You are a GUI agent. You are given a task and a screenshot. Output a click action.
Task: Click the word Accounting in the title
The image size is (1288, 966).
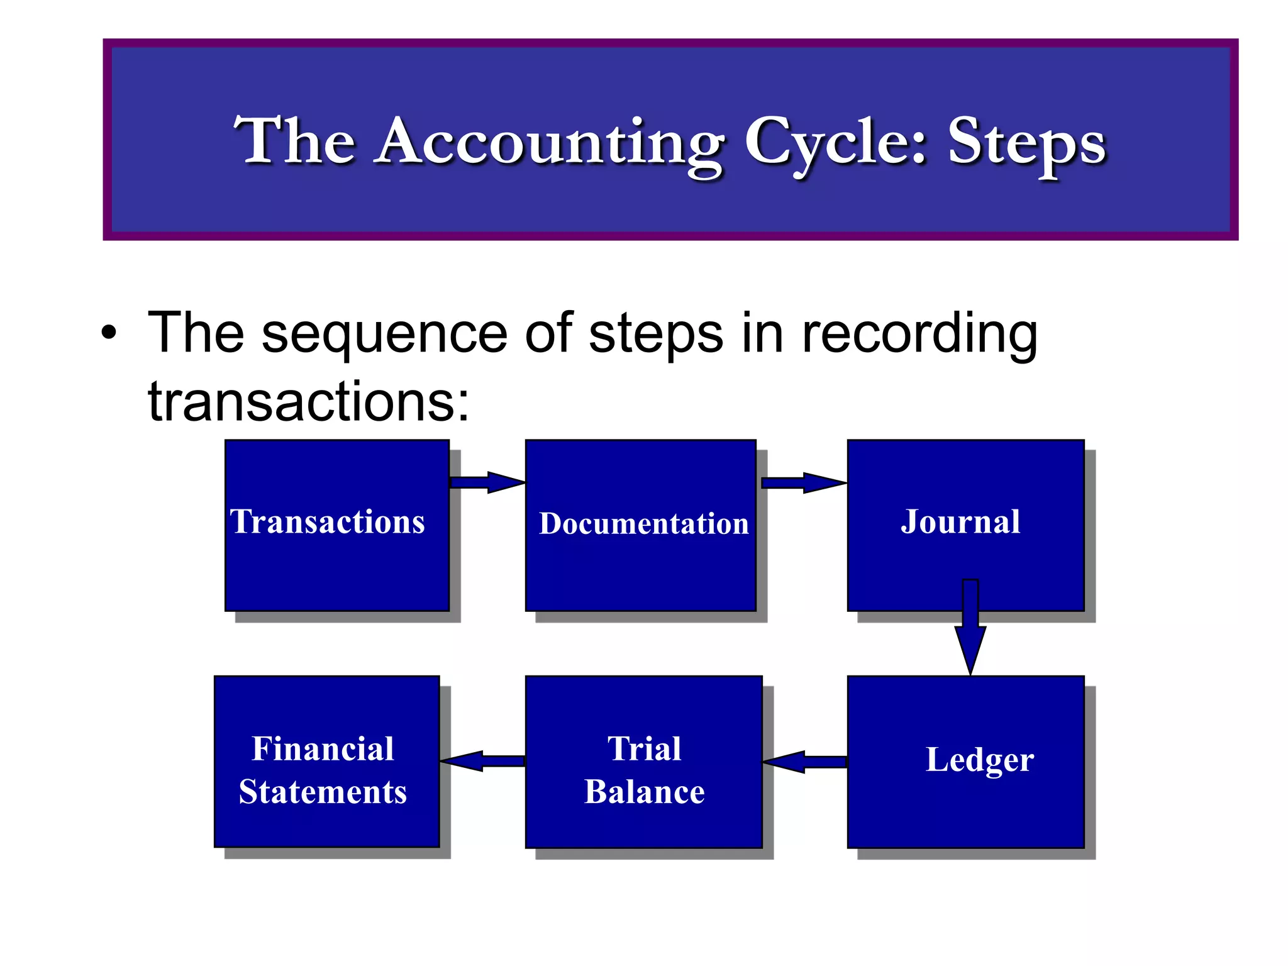pos(550,143)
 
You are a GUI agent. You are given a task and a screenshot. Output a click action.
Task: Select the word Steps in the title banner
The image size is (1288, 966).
pos(1026,143)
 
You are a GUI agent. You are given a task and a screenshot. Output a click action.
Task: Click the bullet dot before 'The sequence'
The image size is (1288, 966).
pos(109,334)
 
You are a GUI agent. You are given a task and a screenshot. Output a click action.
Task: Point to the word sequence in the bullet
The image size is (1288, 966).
pos(384,334)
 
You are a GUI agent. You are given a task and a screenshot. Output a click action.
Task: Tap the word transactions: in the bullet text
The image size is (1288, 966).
pos(308,401)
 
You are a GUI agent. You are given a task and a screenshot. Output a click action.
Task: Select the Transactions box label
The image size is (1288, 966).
pos(328,522)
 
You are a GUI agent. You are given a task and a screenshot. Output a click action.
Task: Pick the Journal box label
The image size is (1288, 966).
pos(960,522)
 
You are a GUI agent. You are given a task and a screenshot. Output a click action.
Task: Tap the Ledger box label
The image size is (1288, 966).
pos(980,760)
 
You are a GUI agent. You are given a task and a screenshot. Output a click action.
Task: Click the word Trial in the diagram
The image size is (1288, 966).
pos(644,749)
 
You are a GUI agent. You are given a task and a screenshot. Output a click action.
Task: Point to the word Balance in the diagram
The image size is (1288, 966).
pos(644,792)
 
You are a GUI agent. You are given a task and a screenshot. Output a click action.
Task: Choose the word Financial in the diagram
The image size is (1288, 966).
pos(323,749)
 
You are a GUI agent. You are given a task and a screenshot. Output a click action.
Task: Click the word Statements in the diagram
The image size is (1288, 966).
pos(323,792)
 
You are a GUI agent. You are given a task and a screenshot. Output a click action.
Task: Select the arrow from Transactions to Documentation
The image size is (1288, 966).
pos(487,483)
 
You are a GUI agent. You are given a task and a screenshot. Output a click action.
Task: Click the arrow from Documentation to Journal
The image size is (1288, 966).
pos(803,483)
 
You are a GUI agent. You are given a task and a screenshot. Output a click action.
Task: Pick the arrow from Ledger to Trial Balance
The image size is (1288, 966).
pos(805,762)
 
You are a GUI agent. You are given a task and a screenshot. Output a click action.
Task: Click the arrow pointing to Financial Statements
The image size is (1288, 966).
pos(482,761)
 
